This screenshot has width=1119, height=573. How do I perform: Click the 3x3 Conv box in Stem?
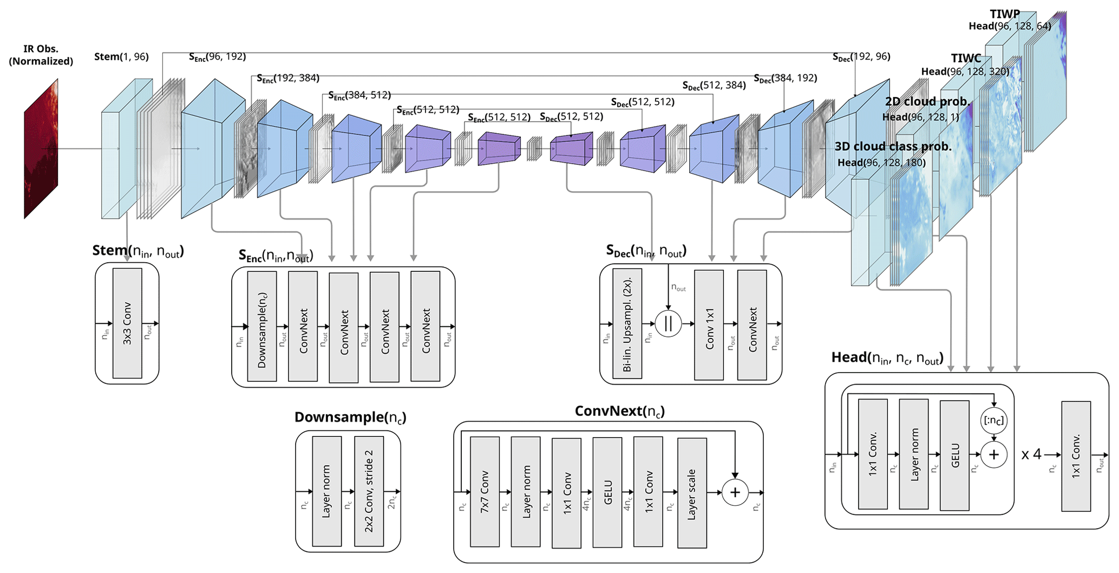click(x=127, y=323)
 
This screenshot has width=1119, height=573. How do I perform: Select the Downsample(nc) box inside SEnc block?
click(x=262, y=327)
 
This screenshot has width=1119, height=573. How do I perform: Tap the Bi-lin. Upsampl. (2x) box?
click(x=627, y=324)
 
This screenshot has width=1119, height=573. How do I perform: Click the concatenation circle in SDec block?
click(x=668, y=324)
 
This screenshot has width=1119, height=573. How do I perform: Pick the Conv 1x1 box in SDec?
click(x=709, y=325)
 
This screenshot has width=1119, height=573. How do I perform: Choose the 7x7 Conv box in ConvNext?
click(x=485, y=492)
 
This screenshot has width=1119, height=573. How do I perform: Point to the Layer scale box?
click(x=692, y=493)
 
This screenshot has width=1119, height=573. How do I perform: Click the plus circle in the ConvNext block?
click(x=735, y=492)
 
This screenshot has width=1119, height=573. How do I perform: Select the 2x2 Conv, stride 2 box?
click(x=369, y=491)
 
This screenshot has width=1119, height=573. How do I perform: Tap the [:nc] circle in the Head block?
click(x=993, y=421)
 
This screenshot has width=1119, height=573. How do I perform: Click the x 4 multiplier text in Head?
click(x=1031, y=454)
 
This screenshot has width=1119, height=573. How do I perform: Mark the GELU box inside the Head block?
click(x=954, y=455)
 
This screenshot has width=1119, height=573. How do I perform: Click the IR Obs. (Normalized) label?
click(x=41, y=55)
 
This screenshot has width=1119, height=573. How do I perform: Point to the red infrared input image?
click(x=41, y=149)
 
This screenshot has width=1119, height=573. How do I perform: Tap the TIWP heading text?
click(x=1005, y=14)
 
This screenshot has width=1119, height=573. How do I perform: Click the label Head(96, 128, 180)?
click(x=881, y=162)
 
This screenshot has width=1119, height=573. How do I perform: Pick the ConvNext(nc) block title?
click(x=619, y=412)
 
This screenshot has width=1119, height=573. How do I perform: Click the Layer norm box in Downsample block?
click(x=326, y=491)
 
